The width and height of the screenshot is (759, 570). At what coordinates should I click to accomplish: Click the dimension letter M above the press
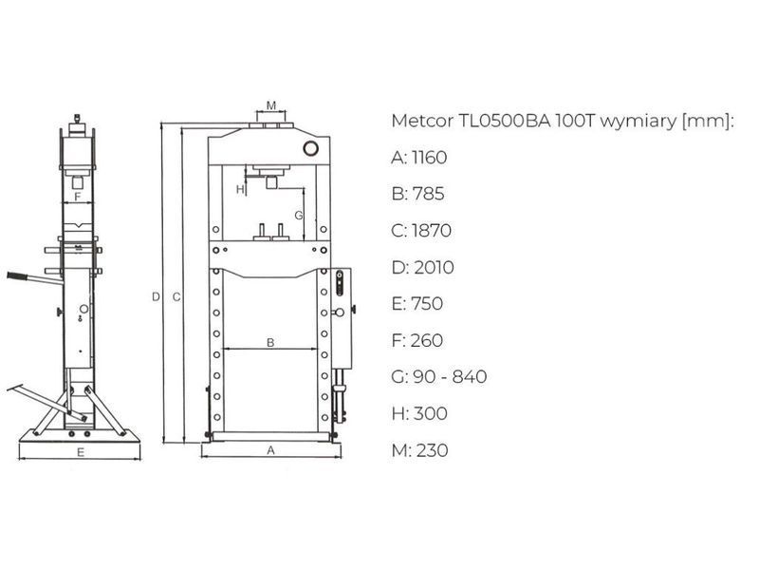tap(271, 105)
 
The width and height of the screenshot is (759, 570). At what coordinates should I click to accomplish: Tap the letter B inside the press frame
tap(270, 342)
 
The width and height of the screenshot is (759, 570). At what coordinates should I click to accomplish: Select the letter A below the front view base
tap(270, 450)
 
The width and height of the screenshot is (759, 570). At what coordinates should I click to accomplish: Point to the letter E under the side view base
tap(81, 452)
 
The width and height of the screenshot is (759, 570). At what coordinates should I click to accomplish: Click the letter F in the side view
tap(78, 198)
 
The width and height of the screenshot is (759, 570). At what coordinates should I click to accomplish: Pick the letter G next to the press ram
tap(299, 216)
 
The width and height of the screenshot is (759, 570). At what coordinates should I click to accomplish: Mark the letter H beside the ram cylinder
tap(240, 189)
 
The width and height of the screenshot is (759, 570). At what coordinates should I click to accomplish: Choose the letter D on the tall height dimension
tap(156, 296)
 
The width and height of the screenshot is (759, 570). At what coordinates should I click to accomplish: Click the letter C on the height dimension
tap(176, 296)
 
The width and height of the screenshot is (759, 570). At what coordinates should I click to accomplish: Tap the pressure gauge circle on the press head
tap(310, 148)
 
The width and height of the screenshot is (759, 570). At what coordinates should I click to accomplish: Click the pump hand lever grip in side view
tap(17, 276)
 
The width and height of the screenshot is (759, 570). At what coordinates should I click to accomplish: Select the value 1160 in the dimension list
tap(429, 157)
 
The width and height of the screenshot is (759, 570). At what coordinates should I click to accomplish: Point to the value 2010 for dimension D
tap(434, 267)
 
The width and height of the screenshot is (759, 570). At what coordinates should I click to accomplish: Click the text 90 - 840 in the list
tap(450, 376)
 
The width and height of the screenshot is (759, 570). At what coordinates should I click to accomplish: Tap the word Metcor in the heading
tap(422, 121)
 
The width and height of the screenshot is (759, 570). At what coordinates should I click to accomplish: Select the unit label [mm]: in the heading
tap(708, 121)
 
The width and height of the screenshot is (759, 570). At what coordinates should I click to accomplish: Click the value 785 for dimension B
tap(429, 194)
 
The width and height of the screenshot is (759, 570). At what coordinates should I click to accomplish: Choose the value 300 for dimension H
tap(430, 413)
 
